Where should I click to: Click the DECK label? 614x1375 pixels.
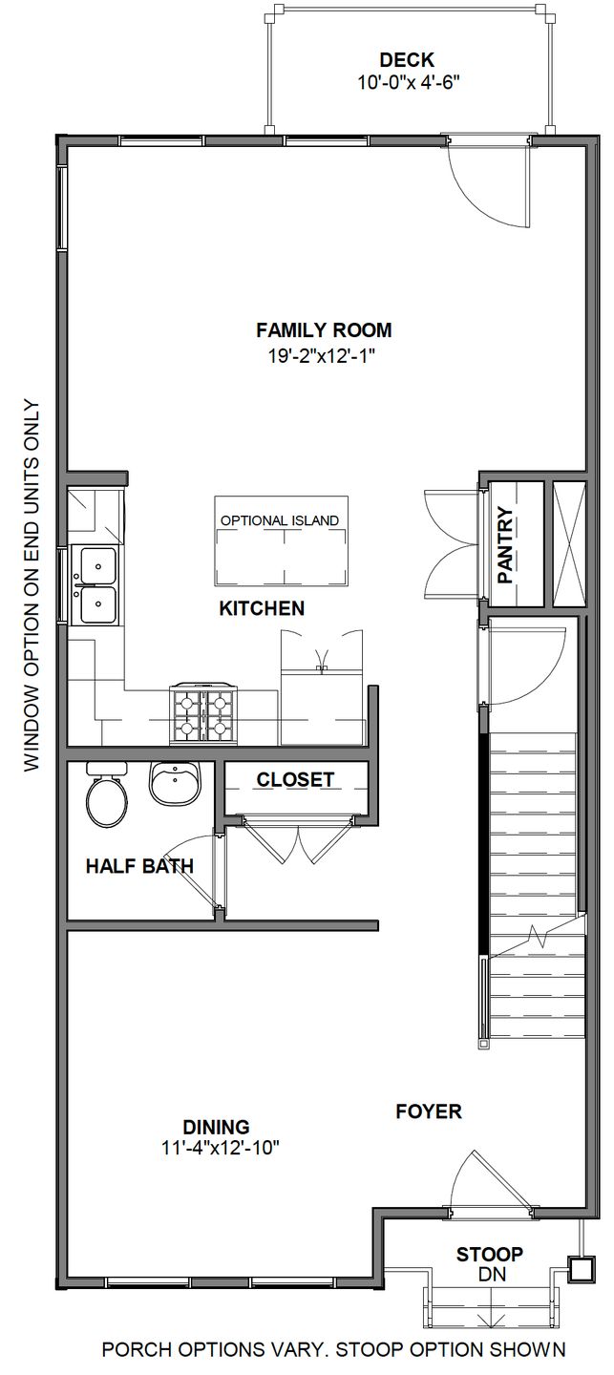pos(406,60)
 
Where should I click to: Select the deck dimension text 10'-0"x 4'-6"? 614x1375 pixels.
pos(409,82)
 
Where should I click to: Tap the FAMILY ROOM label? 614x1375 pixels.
pos(324,330)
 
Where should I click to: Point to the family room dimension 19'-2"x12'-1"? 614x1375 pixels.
pos(324,355)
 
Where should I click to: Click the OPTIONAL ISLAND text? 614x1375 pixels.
pos(280,520)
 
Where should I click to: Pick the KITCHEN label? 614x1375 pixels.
pos(262,608)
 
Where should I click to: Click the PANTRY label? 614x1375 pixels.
pos(506,545)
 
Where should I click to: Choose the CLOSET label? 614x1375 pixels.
pos(295,780)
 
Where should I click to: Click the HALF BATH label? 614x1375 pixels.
pos(139,867)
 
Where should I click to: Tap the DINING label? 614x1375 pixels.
pos(217,1126)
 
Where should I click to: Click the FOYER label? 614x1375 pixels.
pos(429,1111)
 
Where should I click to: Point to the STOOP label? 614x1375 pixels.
pos(489,1255)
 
